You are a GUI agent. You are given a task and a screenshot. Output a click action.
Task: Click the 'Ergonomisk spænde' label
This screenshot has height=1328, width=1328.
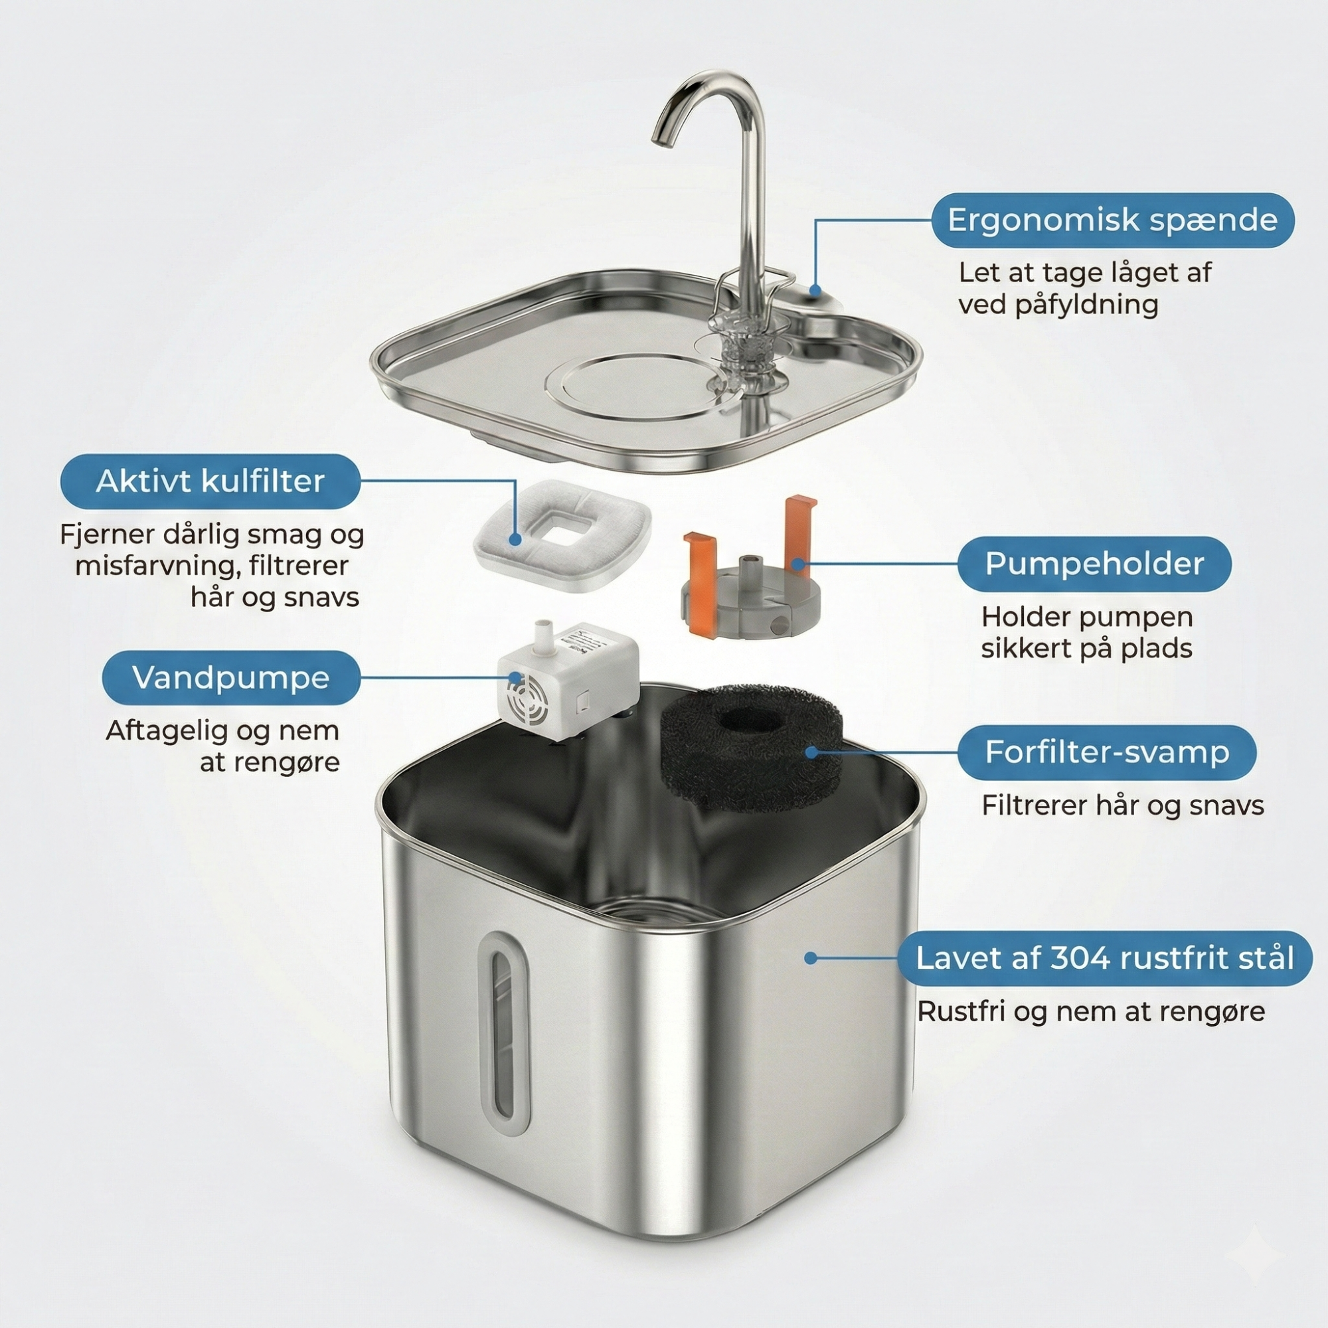point(1113,220)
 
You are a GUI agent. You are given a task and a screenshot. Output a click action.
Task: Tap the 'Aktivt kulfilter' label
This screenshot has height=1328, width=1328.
point(210,481)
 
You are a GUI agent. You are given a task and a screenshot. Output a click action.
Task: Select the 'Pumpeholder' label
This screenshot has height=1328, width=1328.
point(1094,564)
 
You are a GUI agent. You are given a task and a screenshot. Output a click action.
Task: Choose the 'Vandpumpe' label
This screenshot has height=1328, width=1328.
point(231,677)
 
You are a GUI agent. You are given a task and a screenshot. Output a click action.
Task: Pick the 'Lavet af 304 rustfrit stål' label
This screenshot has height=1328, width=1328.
point(1105,957)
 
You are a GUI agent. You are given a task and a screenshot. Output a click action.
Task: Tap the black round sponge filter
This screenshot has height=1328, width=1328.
point(750,747)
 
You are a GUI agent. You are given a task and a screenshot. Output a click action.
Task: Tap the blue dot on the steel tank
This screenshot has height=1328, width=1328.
point(811,957)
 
